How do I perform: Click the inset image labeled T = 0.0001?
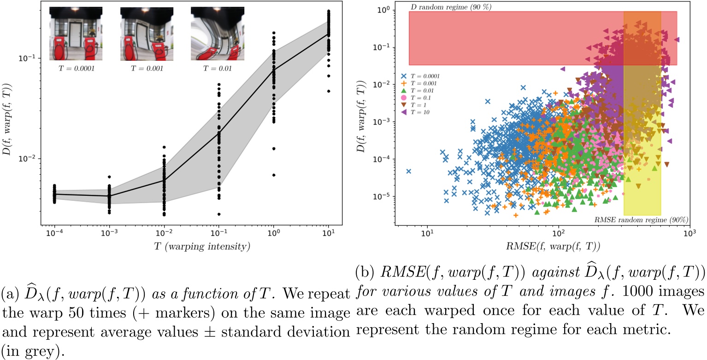point(76,35)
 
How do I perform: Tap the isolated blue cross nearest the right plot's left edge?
point(408,171)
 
